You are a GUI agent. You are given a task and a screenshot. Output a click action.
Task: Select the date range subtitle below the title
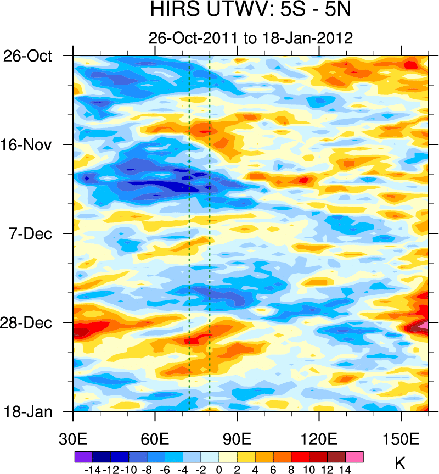pos(250,37)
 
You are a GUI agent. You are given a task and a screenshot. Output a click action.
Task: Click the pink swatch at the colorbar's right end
pos(354,456)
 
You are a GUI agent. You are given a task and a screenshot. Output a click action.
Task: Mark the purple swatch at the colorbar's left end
pos(83,456)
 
